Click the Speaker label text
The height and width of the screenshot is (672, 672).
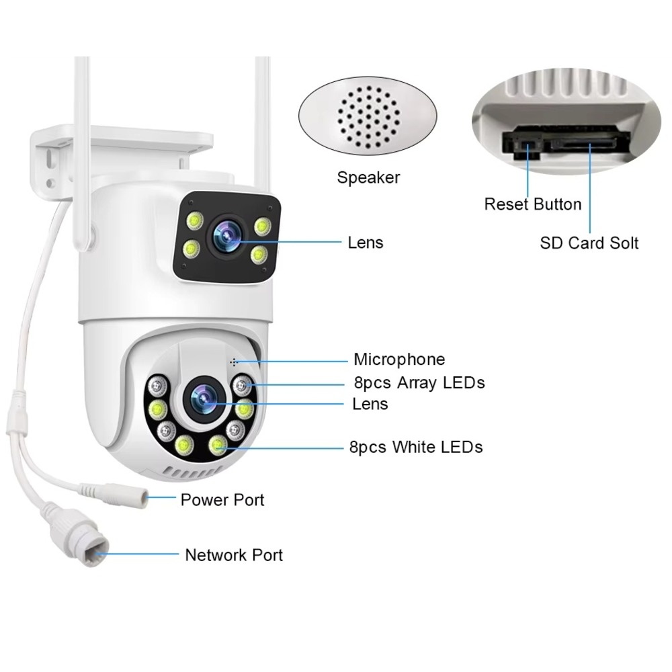[x=368, y=178]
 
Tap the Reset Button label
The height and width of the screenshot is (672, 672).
[x=533, y=204]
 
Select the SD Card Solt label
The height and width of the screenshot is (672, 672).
[x=589, y=243]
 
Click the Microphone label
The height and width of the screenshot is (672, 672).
[x=399, y=360]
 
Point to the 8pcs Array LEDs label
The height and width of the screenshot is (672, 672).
[x=419, y=383]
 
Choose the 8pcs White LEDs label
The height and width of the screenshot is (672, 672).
[x=416, y=447]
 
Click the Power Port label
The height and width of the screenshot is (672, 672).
[x=222, y=500]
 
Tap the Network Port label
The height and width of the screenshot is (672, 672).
[x=234, y=555]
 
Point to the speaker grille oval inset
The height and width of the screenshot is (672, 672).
[x=368, y=118]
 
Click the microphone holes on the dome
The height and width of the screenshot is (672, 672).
[x=235, y=362]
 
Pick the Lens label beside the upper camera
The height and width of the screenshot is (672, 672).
[x=366, y=243]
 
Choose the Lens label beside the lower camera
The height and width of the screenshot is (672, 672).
[x=370, y=404]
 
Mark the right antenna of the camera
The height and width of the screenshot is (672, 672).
[x=262, y=121]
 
